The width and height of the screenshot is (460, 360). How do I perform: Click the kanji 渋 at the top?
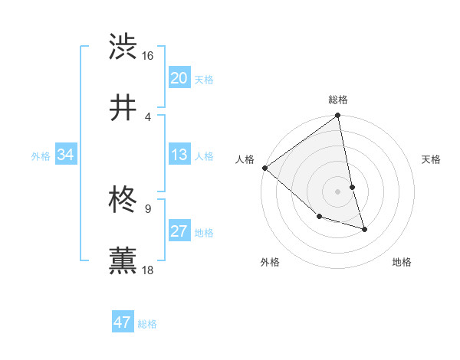tap(123, 47)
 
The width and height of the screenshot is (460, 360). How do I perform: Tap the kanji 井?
tap(123, 108)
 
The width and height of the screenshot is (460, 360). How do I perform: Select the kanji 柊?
tap(123, 200)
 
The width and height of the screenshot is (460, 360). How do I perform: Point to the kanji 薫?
tap(123, 260)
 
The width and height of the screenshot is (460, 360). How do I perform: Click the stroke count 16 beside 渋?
tap(148, 56)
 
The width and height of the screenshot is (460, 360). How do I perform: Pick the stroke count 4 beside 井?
tap(148, 116)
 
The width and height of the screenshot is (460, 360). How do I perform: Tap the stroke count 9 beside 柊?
tap(148, 208)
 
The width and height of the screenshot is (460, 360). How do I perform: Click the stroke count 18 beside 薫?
tap(148, 270)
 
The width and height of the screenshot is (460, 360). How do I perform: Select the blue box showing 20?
tap(179, 78)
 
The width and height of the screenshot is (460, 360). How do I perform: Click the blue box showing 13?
tap(179, 155)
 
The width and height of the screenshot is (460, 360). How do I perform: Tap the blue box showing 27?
tap(179, 231)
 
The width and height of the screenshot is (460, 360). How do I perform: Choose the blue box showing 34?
tap(66, 155)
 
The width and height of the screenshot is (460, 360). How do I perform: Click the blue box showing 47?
tap(123, 322)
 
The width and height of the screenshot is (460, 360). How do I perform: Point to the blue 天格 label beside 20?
tap(204, 80)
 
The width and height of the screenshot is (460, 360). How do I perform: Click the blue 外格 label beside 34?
tap(41, 156)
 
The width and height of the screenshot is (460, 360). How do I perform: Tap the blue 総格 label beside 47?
tap(147, 324)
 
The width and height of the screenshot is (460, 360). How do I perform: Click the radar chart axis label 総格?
tap(338, 100)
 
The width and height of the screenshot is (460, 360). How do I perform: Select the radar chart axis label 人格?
tap(245, 159)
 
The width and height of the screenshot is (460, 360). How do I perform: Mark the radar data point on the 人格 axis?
tap(264, 168)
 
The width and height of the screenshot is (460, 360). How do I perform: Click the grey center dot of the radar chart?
tap(338, 191)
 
